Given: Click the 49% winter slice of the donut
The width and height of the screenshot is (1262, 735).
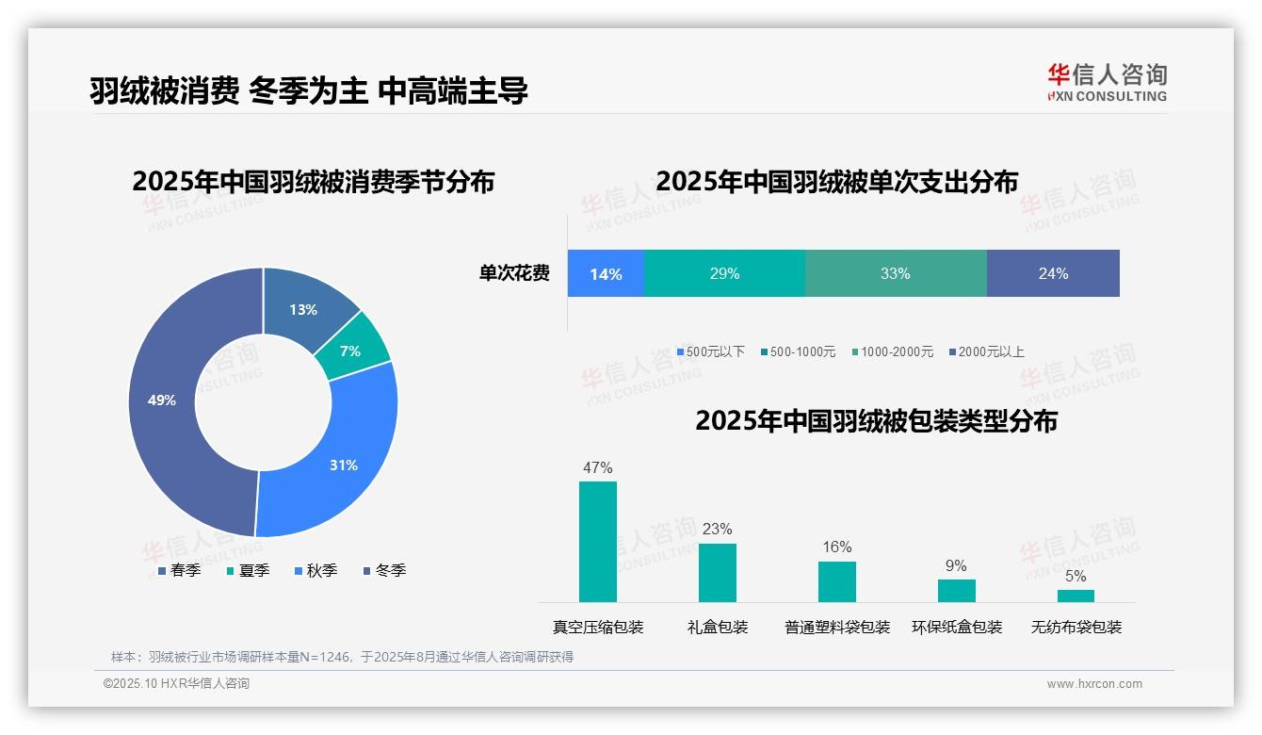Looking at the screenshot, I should [x=162, y=400].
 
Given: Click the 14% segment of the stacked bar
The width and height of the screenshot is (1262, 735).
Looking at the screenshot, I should [x=606, y=274].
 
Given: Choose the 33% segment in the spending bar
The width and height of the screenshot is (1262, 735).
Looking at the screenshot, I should [x=896, y=274].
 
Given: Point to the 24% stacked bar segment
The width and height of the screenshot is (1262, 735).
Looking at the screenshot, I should [x=1053, y=274].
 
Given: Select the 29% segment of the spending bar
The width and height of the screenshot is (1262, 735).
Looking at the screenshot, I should [x=724, y=274].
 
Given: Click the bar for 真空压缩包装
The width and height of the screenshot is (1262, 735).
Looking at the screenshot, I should [x=597, y=542].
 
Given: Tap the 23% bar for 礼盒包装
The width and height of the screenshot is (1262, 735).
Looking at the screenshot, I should [x=717, y=573].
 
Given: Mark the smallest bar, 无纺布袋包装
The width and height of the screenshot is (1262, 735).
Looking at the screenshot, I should [x=1076, y=596].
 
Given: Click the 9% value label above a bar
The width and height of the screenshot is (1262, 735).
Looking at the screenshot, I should [x=956, y=565].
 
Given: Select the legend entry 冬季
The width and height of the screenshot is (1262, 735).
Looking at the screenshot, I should [x=385, y=570].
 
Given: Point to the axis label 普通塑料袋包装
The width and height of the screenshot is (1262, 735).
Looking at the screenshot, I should [x=837, y=627].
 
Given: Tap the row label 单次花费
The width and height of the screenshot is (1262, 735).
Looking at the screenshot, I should [x=514, y=273].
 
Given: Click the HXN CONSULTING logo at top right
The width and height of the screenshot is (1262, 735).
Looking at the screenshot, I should [x=1107, y=83].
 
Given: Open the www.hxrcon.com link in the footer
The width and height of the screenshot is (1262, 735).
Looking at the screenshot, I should [x=1094, y=683].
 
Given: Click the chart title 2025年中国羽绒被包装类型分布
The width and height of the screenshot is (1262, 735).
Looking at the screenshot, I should [x=876, y=420].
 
